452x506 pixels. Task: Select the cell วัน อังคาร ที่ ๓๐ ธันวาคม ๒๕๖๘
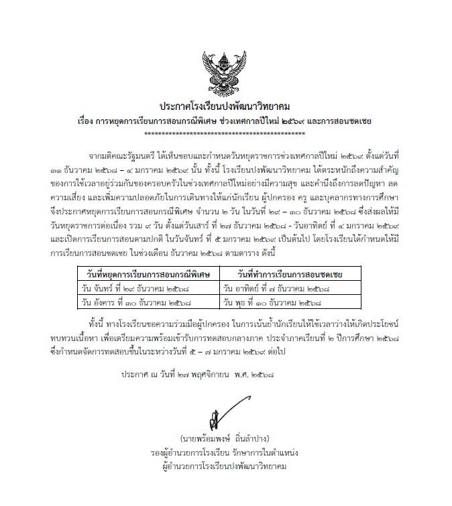130,302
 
